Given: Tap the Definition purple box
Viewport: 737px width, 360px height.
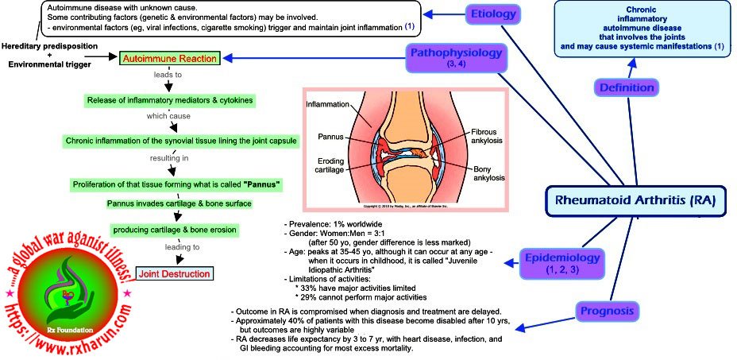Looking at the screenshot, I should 627,87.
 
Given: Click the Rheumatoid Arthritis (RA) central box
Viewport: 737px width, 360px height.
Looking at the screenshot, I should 635,201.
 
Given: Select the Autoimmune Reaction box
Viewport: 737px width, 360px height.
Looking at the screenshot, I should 170,59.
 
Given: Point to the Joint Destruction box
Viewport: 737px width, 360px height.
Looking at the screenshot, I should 176,274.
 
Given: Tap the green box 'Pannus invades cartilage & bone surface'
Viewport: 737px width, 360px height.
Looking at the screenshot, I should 179,203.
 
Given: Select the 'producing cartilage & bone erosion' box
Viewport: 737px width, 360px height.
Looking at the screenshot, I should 174,230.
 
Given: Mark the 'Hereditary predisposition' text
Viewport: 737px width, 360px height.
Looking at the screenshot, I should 49,47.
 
